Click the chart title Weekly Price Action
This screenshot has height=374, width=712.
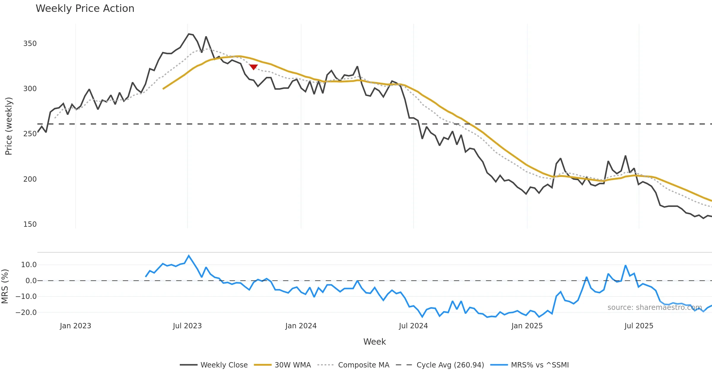[85, 9]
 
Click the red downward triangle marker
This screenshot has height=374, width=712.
[253, 67]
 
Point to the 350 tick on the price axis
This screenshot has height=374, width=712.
[30, 44]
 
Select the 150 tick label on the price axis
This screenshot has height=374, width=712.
[30, 224]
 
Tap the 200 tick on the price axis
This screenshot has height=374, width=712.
[30, 179]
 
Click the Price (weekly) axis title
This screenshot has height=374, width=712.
[9, 126]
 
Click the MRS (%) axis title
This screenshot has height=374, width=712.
[5, 286]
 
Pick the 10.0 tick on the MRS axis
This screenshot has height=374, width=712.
[29, 265]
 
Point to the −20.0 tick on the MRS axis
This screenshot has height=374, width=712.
[26, 313]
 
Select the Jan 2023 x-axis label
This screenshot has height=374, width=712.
[75, 326]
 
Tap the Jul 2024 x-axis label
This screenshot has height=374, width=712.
[413, 326]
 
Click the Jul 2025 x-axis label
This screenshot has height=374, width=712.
[639, 326]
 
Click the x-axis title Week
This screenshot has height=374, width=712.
[374, 342]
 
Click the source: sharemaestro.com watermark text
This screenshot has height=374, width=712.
[654, 308]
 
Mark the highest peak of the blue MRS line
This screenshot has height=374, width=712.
[189, 256]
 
